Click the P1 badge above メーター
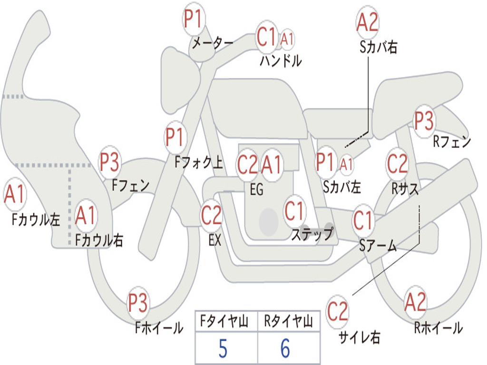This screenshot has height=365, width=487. [x=194, y=19]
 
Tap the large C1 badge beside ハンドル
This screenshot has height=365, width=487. [x=266, y=37]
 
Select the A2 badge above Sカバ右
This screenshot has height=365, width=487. [x=368, y=22]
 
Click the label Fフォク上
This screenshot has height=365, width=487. [x=199, y=163]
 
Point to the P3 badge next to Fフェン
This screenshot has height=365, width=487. [x=109, y=162]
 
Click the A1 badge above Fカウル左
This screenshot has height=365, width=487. [x=15, y=194]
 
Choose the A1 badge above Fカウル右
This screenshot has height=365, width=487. [x=85, y=215]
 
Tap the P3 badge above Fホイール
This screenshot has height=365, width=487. [x=138, y=303]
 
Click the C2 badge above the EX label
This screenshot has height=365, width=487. [x=212, y=215]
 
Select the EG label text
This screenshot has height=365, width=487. [x=256, y=189]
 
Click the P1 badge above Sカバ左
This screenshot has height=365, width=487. [x=325, y=162]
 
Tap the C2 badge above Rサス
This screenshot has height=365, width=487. [x=397, y=163]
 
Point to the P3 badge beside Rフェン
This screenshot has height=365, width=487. [x=424, y=121]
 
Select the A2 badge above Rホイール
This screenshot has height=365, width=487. [x=415, y=302]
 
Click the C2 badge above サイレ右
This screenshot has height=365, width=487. [x=337, y=311]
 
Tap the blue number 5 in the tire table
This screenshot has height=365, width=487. [x=223, y=348]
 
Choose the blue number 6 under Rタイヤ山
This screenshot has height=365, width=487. [x=285, y=348]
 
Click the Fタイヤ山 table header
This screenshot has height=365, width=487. [x=224, y=321]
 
